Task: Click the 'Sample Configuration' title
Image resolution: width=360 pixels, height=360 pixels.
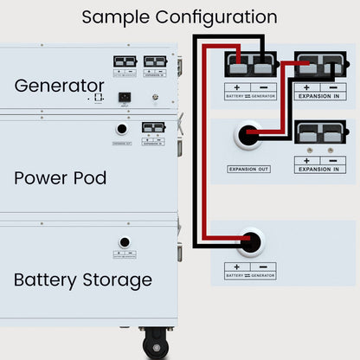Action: tap(179, 17)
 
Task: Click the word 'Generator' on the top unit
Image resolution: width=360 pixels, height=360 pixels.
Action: tap(59, 86)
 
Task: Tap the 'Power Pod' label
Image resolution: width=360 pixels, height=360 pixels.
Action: tap(60, 177)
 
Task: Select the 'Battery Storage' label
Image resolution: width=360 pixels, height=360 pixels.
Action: tap(82, 280)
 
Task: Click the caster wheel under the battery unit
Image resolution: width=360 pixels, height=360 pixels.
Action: tap(157, 347)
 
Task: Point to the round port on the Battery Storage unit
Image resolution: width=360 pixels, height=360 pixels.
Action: tap(125, 242)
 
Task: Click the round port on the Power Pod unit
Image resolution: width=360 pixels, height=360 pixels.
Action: tap(122, 129)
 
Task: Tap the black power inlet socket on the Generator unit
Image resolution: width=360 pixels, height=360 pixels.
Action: tap(125, 96)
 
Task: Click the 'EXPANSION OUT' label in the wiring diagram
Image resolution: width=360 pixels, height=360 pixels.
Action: tap(248, 169)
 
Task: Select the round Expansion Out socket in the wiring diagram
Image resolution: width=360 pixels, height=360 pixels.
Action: tap(248, 137)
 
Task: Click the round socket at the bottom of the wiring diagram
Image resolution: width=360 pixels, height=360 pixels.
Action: tap(251, 242)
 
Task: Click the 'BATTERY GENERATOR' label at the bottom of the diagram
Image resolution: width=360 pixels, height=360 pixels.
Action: tap(250, 275)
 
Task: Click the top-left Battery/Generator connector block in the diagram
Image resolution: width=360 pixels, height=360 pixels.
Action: tap(249, 65)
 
